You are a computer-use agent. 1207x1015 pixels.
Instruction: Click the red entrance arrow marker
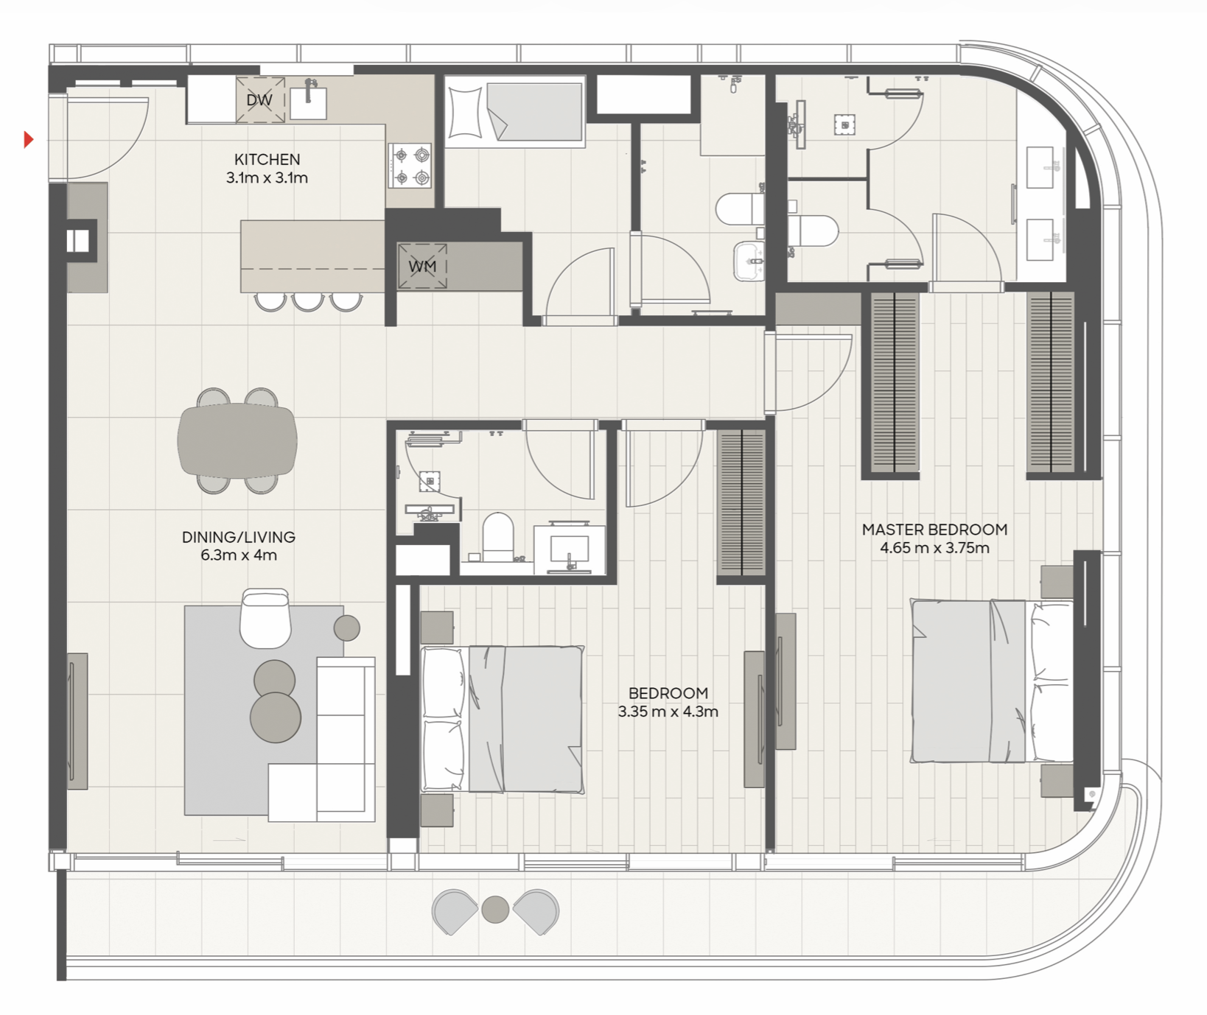click(29, 138)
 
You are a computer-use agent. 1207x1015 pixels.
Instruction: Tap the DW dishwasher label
click(259, 100)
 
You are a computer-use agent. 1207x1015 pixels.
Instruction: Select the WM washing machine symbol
click(422, 266)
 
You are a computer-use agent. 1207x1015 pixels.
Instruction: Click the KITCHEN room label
click(267, 159)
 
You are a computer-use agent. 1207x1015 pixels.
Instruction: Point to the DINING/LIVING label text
click(239, 537)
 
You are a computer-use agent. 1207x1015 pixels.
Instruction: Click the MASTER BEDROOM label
click(934, 530)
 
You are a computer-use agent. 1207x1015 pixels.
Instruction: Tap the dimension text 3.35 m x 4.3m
click(668, 712)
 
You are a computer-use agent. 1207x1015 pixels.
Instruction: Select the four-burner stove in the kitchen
click(411, 166)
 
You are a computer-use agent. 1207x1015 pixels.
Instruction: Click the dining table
click(237, 441)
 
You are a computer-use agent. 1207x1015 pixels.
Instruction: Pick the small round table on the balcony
click(495, 910)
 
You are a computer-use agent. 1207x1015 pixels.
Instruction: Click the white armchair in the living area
click(265, 618)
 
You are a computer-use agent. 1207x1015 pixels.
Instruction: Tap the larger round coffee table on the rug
click(276, 717)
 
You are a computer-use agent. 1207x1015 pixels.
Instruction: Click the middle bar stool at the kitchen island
click(307, 302)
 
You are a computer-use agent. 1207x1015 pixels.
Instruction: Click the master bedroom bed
click(992, 681)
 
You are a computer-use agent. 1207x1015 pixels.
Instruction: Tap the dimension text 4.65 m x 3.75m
click(934, 548)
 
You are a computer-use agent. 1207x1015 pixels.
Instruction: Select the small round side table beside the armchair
click(347, 628)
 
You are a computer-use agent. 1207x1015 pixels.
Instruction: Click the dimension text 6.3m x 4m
click(239, 555)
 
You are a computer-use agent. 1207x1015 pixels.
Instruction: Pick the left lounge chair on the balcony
click(455, 912)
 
